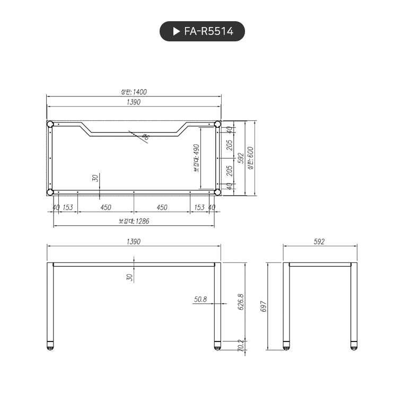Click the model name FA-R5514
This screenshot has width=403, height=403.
pyautogui.click(x=208, y=31)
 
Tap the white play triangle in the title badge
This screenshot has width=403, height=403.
pyautogui.click(x=177, y=31)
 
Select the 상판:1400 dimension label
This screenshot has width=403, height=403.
pyautogui.click(x=134, y=92)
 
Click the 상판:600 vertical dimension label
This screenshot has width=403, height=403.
pyautogui.click(x=250, y=158)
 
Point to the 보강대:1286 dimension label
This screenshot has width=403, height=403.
pyautogui.click(x=134, y=221)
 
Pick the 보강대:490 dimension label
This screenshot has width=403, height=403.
pyautogui.click(x=196, y=158)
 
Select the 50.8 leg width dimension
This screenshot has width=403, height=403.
pyautogui.click(x=200, y=300)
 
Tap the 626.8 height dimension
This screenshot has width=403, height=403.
pyautogui.click(x=240, y=302)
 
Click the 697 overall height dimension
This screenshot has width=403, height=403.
pyautogui.click(x=263, y=307)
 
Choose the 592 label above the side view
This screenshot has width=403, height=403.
pyautogui.click(x=319, y=241)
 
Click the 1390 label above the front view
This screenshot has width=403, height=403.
pyautogui.click(x=134, y=241)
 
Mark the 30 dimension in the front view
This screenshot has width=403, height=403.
pyautogui.click(x=129, y=277)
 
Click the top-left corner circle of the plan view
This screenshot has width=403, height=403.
pyautogui.click(x=50, y=124)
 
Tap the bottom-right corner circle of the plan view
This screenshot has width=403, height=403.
pyautogui.click(x=217, y=192)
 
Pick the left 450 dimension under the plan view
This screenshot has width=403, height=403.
pyautogui.click(x=106, y=207)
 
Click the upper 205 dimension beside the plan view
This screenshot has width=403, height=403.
pyautogui.click(x=230, y=145)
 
